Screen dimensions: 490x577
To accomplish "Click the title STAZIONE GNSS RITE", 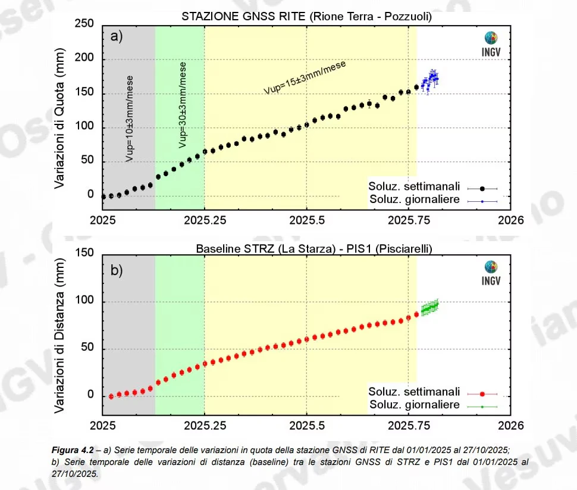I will coord(306,17).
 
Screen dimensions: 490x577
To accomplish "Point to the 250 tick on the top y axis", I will coord(86,25).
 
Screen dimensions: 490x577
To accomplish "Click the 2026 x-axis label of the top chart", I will coord(510,220).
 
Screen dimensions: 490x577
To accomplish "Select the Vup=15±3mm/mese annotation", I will coord(305,77).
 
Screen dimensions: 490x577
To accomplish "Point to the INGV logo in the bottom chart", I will coord(491,273).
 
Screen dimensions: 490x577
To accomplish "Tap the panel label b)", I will coord(117,270).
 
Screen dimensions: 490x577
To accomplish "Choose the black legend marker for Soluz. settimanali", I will coord(482,188).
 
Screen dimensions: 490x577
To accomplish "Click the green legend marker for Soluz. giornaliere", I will coord(482,407).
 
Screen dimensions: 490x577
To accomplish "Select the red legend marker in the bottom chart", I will coord(482,394).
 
